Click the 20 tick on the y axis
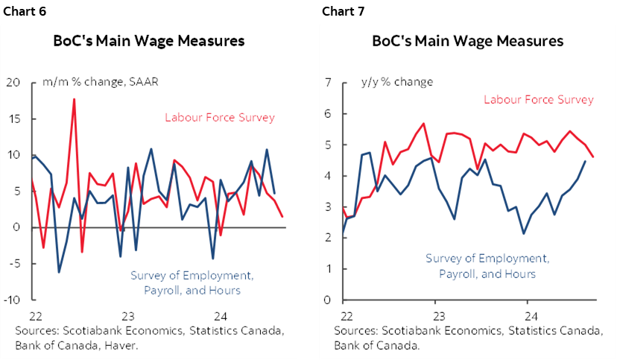pos(13,82)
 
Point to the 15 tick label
pos(13,119)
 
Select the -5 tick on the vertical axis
pos(13,263)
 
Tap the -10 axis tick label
pos(12,300)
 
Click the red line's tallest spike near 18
pos(74,99)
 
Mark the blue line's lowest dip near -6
pos(59,272)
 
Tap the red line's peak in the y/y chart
pos(424,124)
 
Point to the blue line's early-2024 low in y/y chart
pos(524,233)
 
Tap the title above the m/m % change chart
pos(148,41)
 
